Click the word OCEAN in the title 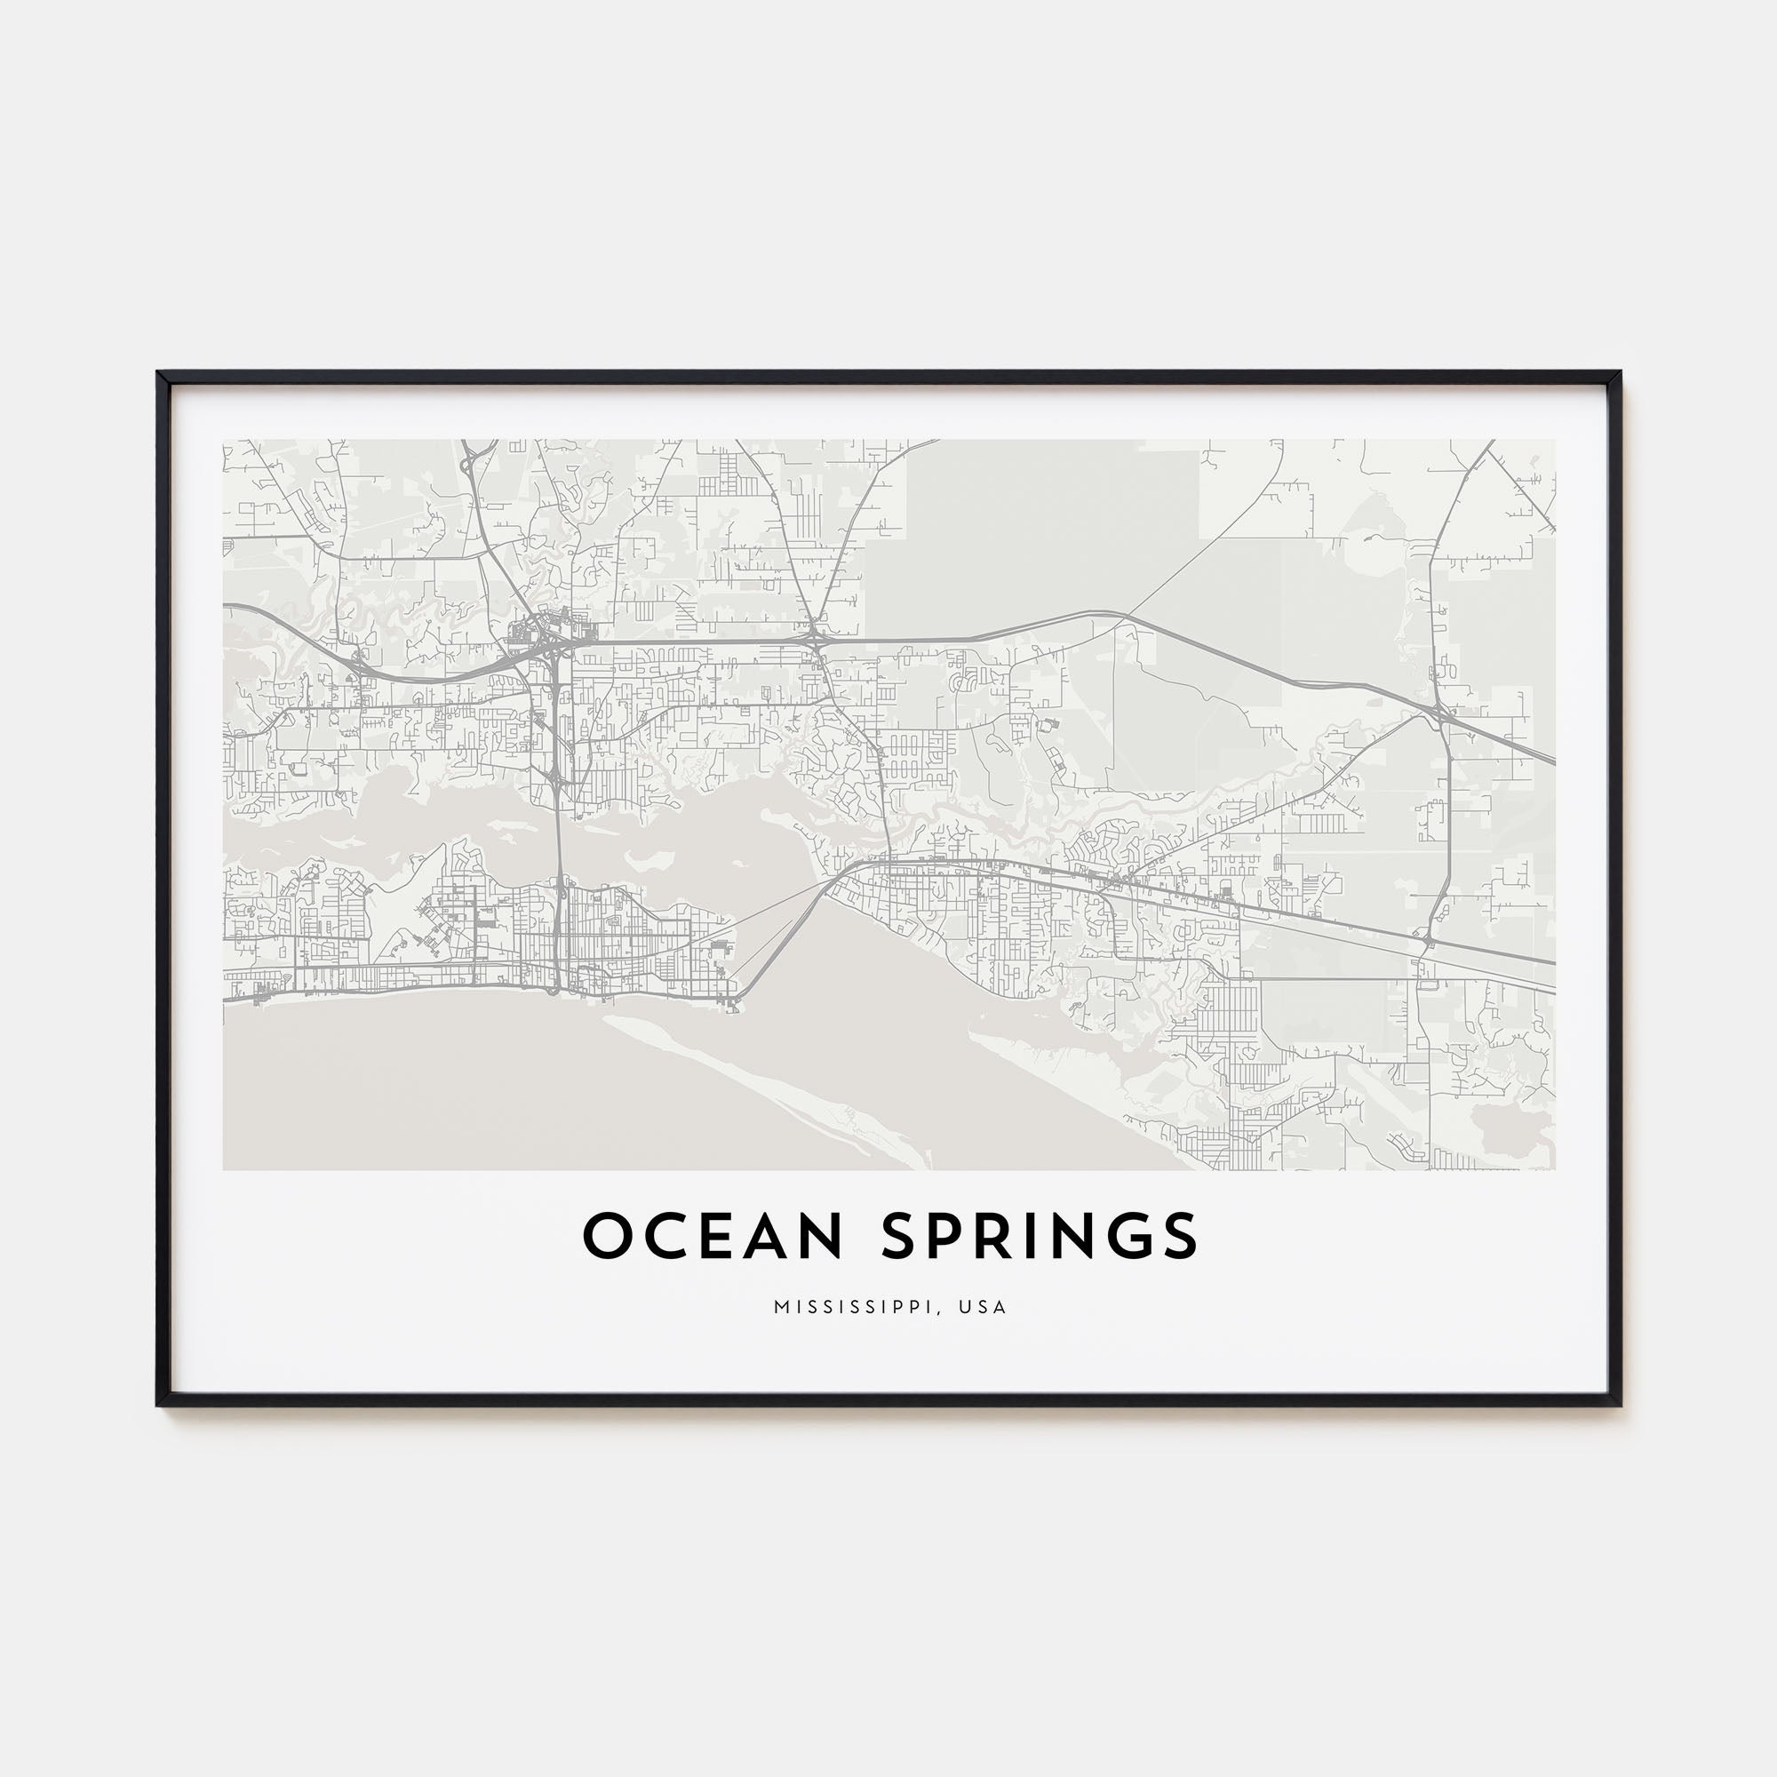point(713,1236)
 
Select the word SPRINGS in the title point(1040,1236)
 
